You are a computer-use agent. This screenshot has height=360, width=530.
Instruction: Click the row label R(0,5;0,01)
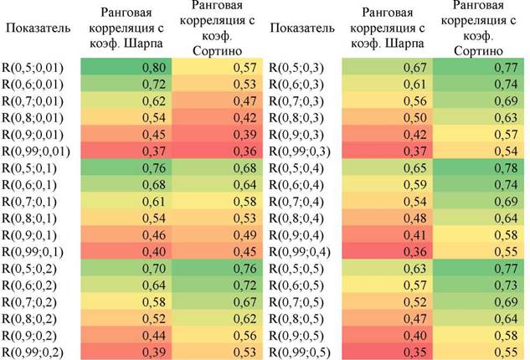[33, 68]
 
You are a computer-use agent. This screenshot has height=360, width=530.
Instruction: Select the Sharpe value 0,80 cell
[126, 67]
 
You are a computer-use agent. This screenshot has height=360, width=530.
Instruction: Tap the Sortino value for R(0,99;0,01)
[217, 151]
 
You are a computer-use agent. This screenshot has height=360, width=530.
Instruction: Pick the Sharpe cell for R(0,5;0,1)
[126, 167]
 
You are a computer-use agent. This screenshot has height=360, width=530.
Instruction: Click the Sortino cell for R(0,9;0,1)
[217, 234]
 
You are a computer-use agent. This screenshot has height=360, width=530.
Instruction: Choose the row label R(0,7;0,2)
[29, 302]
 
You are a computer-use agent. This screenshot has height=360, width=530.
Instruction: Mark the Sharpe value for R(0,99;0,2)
[126, 352]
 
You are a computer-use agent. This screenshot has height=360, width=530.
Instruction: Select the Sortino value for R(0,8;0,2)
[217, 318]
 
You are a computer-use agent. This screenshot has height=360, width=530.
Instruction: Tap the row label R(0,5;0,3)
[296, 68]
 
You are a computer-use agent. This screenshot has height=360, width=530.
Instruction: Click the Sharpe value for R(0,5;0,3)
[388, 67]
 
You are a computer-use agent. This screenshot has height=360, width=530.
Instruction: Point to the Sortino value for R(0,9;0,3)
[479, 134]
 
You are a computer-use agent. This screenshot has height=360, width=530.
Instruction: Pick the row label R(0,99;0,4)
[300, 252]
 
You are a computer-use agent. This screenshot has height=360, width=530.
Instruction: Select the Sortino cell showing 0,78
[479, 167]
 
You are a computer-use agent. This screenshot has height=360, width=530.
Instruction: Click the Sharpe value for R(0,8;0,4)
[388, 218]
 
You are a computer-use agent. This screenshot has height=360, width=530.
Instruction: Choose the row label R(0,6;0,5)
[296, 285]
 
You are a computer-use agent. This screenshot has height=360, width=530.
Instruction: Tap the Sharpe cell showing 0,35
[388, 352]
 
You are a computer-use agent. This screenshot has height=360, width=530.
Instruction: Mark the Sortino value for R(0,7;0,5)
[479, 301]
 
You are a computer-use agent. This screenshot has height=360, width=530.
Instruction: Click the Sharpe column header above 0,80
[126, 28]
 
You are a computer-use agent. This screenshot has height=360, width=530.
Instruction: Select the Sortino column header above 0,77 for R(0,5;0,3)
[479, 28]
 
